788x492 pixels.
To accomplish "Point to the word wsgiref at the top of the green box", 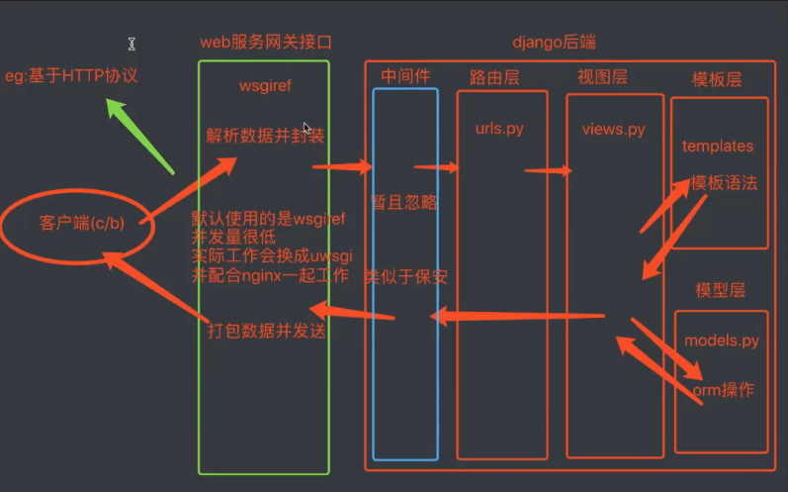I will point(266,86).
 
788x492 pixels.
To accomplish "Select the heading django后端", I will point(554,43).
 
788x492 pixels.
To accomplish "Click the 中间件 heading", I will point(404,76).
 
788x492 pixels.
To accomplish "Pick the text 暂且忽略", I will point(404,202).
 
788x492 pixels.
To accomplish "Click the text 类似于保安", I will point(405,276).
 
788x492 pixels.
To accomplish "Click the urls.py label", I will point(499,129).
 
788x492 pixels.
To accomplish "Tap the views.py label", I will point(613,129).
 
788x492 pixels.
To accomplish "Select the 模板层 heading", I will point(718,79).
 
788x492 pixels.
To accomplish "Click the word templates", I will point(718,146).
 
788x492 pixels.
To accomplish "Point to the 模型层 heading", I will point(719,290).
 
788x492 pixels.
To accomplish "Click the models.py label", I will point(722,341).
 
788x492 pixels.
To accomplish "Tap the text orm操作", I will point(724,389).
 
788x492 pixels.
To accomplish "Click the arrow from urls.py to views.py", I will point(549,171).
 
